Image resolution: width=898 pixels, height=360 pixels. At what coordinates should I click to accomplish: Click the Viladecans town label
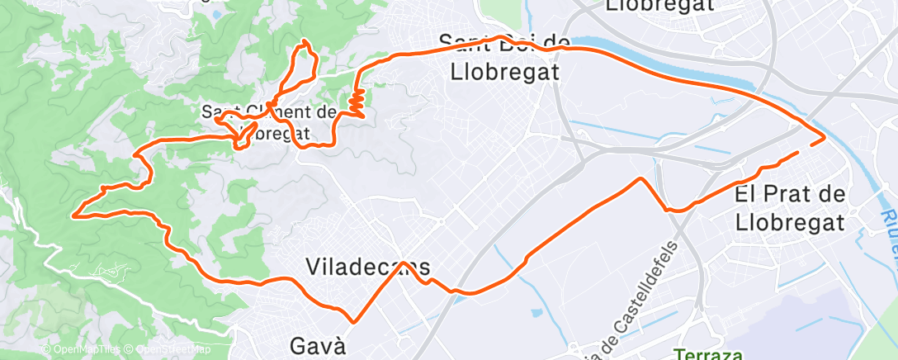pos(368,267)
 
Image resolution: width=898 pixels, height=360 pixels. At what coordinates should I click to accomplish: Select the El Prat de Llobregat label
pos(790,208)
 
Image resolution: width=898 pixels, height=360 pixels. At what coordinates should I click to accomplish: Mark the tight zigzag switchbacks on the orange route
pos(357,102)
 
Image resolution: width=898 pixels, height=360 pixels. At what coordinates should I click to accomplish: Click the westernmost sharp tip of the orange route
pos(73,216)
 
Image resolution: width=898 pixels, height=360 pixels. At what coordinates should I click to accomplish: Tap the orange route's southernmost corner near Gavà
pos(353,322)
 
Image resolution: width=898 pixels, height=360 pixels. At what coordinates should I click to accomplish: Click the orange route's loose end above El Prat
pos(797,153)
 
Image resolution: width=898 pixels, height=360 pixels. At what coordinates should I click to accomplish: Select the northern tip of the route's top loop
pos(305,41)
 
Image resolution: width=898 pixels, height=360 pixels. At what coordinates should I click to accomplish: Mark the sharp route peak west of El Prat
pos(640,178)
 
